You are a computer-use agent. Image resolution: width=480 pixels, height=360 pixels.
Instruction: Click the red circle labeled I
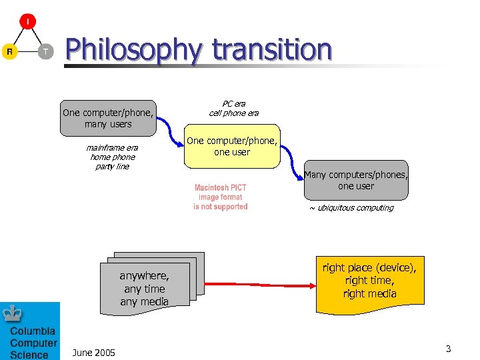point(27,22)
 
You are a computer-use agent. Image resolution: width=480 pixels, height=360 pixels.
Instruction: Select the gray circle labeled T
point(45,51)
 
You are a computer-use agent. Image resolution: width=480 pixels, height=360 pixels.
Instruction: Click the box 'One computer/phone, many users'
point(108,118)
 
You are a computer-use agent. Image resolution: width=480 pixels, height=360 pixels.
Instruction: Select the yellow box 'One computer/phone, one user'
point(232,146)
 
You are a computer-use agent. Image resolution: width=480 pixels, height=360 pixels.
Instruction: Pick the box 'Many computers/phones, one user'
point(355,181)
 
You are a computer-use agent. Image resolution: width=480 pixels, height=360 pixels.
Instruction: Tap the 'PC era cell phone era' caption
point(233,108)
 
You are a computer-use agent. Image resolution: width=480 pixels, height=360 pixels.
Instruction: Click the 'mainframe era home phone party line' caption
point(112,157)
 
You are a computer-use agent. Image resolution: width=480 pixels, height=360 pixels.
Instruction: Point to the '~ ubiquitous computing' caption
point(351,208)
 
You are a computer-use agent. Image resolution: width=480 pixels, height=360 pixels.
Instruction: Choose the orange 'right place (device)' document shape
point(369,283)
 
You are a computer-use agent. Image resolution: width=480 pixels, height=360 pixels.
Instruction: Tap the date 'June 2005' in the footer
point(93,352)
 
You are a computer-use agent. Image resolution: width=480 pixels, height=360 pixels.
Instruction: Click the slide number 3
point(449,349)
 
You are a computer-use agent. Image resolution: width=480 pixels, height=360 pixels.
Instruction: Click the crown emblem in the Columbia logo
point(13,313)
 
